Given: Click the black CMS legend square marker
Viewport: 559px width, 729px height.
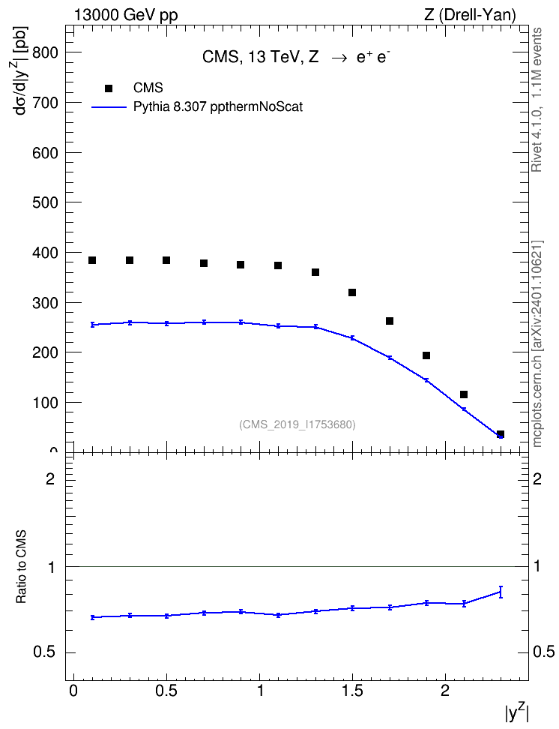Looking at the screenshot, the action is [109, 88].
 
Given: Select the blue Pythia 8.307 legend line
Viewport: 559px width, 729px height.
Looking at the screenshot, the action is [109, 107].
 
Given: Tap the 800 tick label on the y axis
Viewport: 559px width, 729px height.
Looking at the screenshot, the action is [46, 52].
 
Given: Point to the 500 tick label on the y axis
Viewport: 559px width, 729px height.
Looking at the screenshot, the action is [46, 202].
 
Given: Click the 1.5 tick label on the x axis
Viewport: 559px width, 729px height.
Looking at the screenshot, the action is [352, 691].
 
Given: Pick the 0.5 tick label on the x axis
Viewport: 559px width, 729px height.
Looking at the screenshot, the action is [166, 691].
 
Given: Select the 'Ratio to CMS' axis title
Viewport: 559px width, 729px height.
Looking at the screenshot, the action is [21, 566].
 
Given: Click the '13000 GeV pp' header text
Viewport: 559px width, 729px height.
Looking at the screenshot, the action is [126, 15].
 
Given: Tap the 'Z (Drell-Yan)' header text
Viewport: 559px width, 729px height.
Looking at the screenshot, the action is [470, 15].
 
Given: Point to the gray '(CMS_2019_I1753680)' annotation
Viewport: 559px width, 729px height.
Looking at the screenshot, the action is [297, 424].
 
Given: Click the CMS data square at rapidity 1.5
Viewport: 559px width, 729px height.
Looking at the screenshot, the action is [352, 292].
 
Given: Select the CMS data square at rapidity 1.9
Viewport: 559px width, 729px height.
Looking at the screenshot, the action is [426, 355].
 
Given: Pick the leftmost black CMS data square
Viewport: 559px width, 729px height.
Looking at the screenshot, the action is [92, 260].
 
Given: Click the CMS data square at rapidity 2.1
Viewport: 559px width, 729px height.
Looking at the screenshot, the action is [464, 394].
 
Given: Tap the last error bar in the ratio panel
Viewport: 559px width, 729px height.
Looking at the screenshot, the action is [501, 592].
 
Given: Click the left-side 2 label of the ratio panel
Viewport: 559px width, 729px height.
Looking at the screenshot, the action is [50, 478].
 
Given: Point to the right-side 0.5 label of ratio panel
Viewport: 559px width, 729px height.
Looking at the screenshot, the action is [544, 652].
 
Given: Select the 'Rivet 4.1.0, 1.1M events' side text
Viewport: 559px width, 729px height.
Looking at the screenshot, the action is [537, 100].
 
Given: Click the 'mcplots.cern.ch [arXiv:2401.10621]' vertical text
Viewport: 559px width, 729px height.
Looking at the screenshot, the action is [537, 343].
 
